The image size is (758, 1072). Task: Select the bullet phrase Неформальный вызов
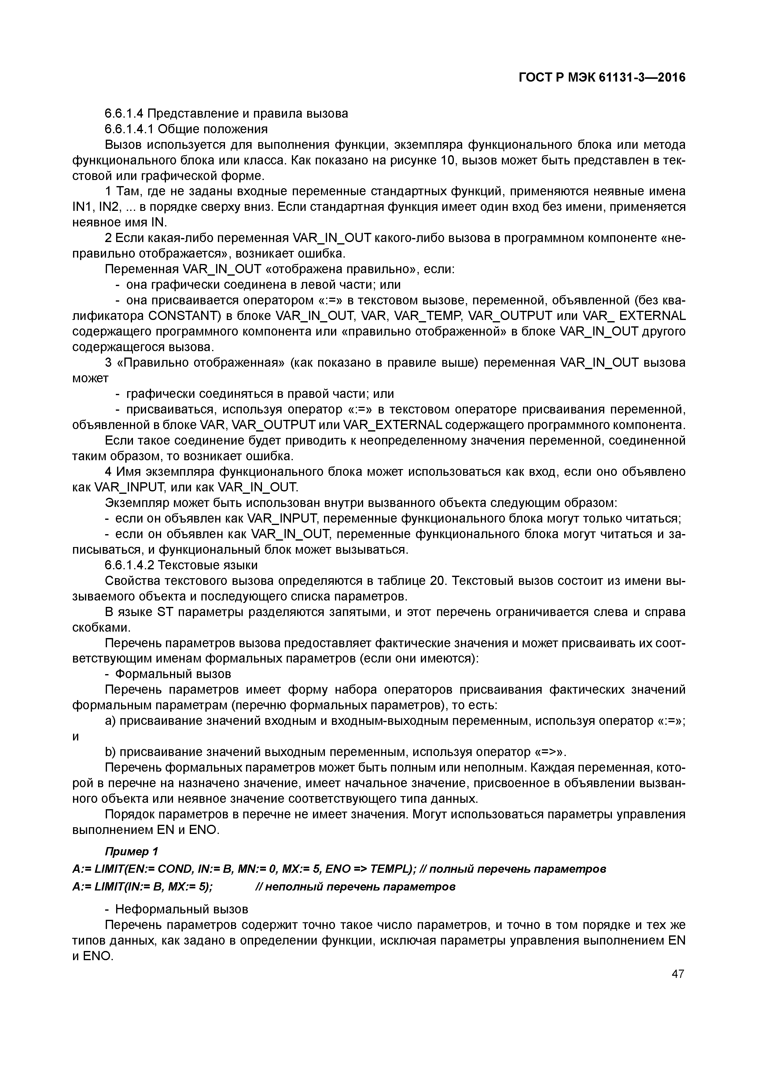(181, 909)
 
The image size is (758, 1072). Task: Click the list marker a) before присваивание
(110, 721)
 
